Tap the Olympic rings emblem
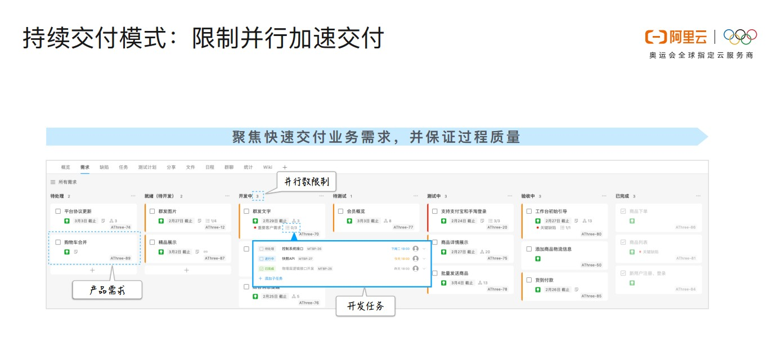click(740, 37)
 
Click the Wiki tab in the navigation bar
click(268, 167)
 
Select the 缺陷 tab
click(104, 167)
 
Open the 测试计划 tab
click(147, 167)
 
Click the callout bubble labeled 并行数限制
click(306, 181)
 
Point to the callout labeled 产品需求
click(107, 290)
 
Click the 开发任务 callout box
click(365, 306)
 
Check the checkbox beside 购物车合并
click(58, 242)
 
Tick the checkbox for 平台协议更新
click(58, 211)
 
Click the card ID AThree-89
click(120, 258)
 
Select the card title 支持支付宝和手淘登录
click(464, 211)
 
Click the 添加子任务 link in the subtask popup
click(273, 278)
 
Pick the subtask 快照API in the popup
click(289, 259)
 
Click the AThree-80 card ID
click(591, 234)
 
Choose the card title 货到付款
click(544, 280)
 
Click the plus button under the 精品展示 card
click(187, 270)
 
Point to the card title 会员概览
click(356, 211)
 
